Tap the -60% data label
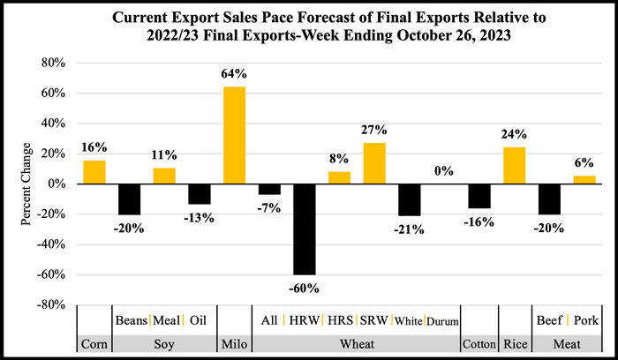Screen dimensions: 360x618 click(305, 288)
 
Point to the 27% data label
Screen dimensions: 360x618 click(374, 131)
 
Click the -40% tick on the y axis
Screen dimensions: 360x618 click(52, 244)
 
